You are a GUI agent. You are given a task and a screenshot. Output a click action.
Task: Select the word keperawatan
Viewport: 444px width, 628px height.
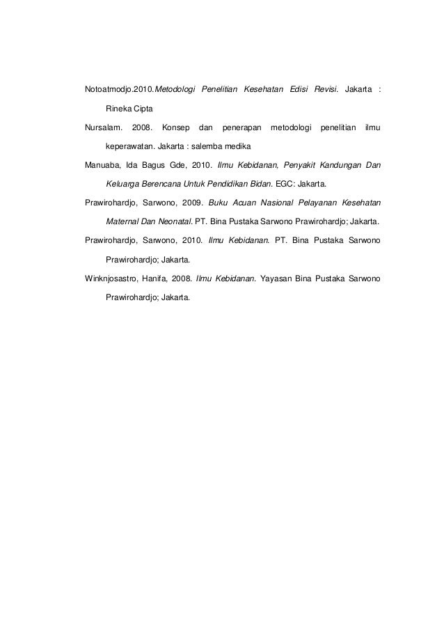click(129, 148)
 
